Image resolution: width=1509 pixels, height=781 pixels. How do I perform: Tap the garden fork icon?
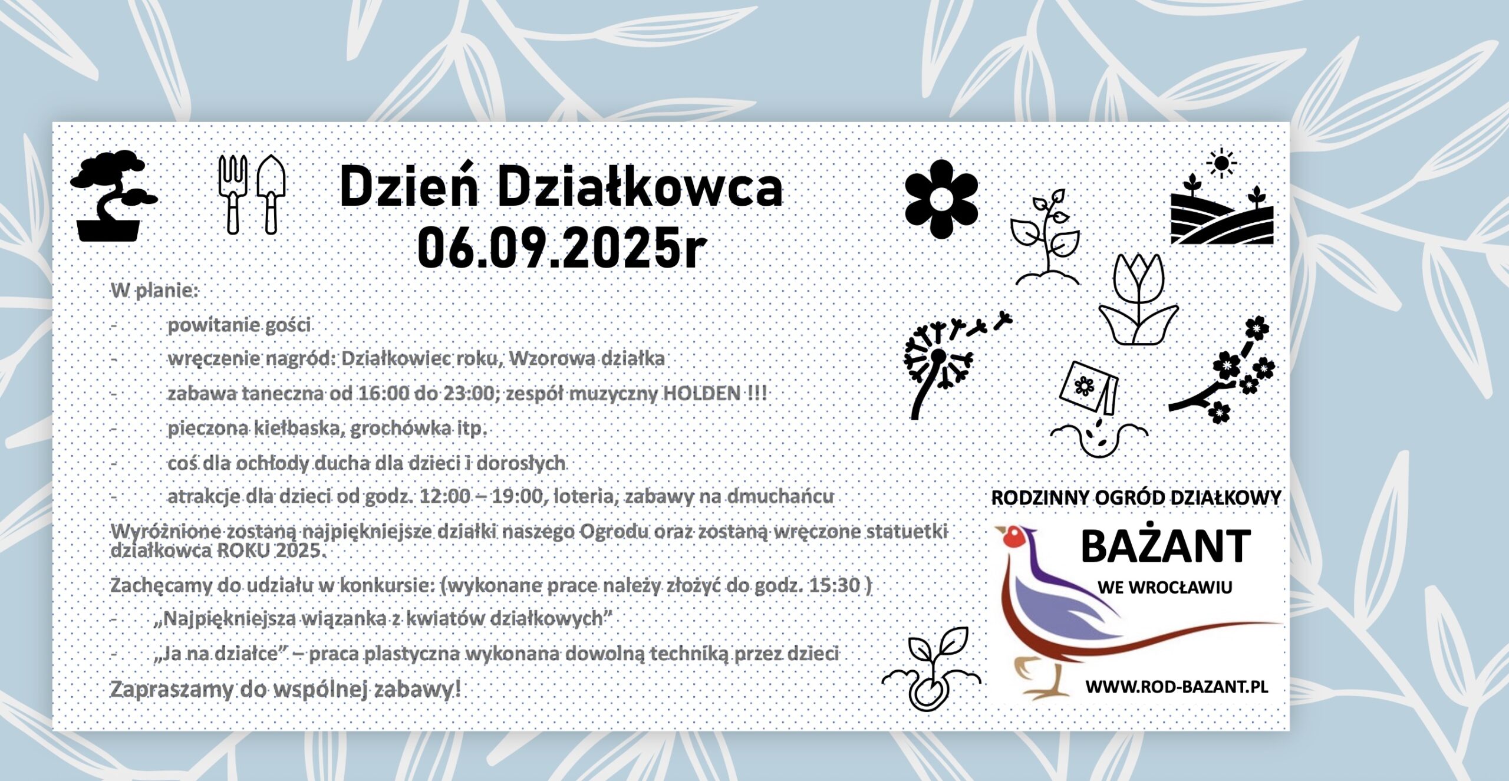click(x=233, y=195)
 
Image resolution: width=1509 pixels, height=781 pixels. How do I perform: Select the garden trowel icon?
click(x=271, y=195)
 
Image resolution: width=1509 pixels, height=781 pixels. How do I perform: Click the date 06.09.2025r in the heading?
click(x=562, y=248)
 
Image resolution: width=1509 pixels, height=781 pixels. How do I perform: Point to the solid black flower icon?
click(x=941, y=199)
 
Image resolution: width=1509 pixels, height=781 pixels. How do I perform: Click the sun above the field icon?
click(x=1221, y=162)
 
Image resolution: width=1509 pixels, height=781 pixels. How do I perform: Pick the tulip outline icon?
click(x=1138, y=299)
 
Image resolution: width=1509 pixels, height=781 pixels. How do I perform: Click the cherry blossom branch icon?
click(x=1223, y=370)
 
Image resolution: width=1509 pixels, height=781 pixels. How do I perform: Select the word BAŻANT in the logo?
click(x=1165, y=546)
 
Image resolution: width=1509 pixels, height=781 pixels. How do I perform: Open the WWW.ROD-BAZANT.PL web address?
click(x=1177, y=687)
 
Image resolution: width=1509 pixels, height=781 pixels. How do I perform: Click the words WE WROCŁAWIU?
click(x=1165, y=588)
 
